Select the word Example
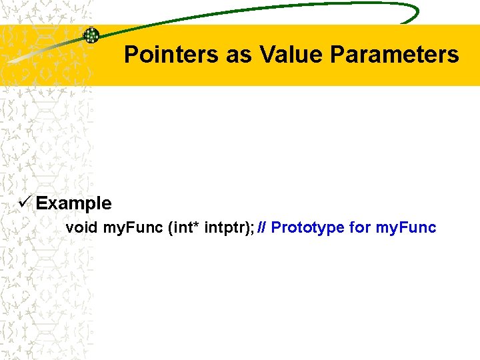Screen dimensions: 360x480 [x=74, y=203]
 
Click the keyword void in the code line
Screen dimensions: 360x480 [x=81, y=227]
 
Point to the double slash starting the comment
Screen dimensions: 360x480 [x=262, y=227]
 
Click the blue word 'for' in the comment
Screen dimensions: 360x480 [x=360, y=227]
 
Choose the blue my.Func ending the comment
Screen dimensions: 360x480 [x=406, y=228]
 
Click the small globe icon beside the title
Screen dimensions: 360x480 [x=91, y=35]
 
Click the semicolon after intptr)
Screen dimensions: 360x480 [x=252, y=228]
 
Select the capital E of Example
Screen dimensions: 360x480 [x=41, y=203]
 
